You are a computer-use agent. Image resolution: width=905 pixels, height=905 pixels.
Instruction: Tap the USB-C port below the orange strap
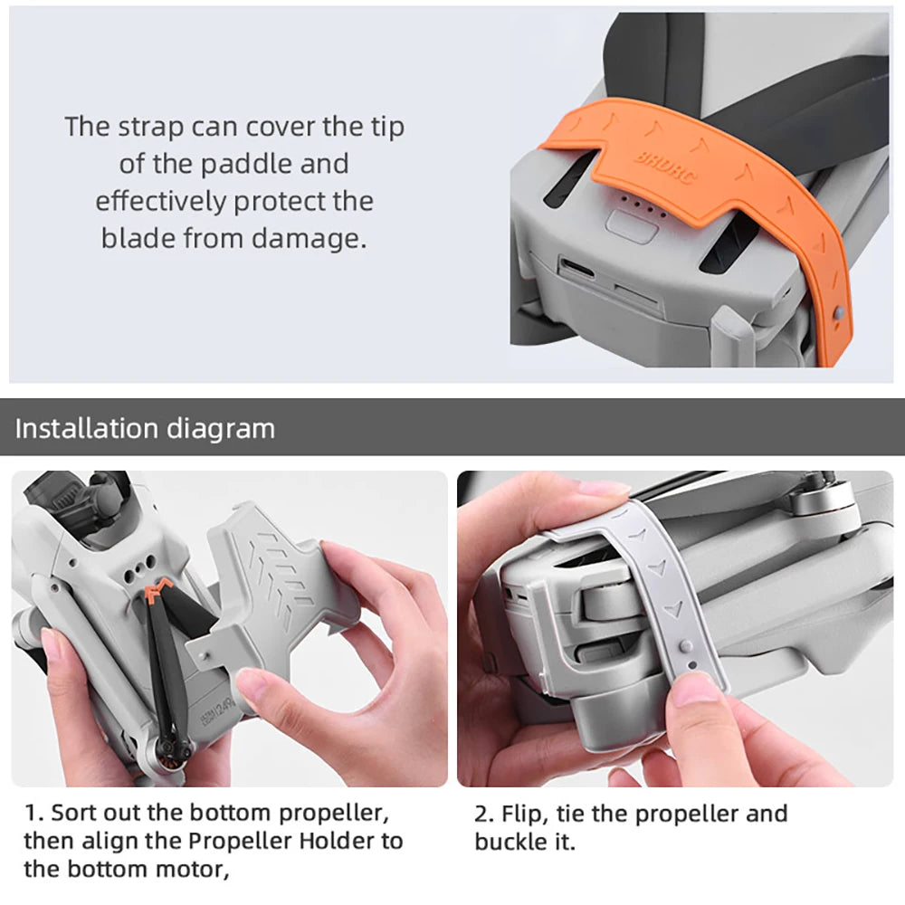(x=576, y=269)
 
